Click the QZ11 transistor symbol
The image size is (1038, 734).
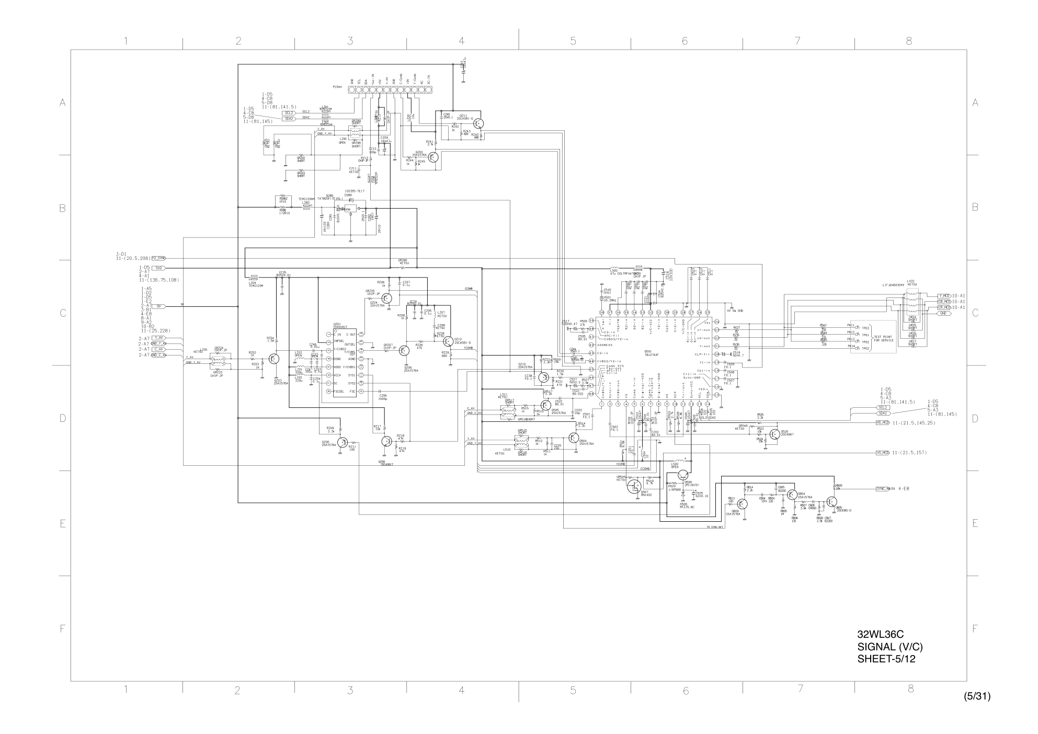pyautogui.click(x=481, y=123)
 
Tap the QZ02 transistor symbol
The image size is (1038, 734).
pyautogui.click(x=435, y=156)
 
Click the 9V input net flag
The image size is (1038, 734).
pyautogui.click(x=160, y=306)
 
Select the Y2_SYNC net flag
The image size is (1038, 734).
pyautogui.click(x=158, y=258)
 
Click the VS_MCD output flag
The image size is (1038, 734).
pyautogui.click(x=883, y=452)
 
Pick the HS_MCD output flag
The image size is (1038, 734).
pyautogui.click(x=883, y=422)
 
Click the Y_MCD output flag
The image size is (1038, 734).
pyautogui.click(x=943, y=295)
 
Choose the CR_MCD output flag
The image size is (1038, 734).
pyautogui.click(x=943, y=307)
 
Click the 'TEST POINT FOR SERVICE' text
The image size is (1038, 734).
pyautogui.click(x=884, y=338)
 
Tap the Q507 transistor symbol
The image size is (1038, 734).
pyautogui.click(x=633, y=487)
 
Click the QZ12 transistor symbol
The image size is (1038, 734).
pyautogui.click(x=448, y=341)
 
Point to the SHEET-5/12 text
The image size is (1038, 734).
pyautogui.click(x=886, y=659)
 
